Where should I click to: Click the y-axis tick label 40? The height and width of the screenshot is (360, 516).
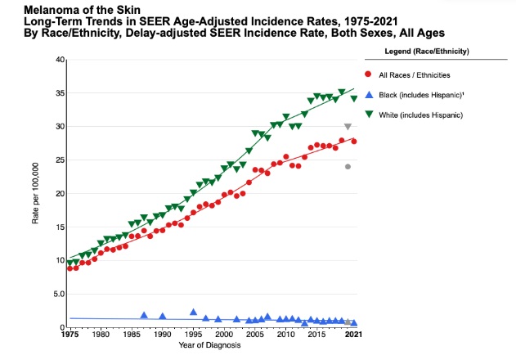tap(59, 60)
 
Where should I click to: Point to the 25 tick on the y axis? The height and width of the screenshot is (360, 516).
tap(59, 160)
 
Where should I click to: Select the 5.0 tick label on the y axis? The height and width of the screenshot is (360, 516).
tap(57, 294)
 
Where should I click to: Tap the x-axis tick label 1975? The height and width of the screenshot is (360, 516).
tap(70, 335)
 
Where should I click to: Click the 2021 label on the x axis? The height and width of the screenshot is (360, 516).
tap(352, 335)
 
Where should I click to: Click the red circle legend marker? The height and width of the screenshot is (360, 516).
tap(370, 74)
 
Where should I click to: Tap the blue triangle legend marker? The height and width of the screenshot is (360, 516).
tap(370, 95)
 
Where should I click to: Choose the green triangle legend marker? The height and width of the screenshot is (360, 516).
tap(370, 115)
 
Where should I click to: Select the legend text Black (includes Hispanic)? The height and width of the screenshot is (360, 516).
tap(425, 95)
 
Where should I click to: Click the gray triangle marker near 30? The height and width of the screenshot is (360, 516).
tap(348, 127)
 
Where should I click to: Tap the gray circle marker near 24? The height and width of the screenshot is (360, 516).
tap(348, 167)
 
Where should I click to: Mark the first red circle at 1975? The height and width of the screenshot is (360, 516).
tap(70, 268)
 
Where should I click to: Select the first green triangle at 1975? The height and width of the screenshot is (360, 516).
tap(70, 263)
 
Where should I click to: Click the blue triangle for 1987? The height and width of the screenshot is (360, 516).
tap(144, 315)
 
